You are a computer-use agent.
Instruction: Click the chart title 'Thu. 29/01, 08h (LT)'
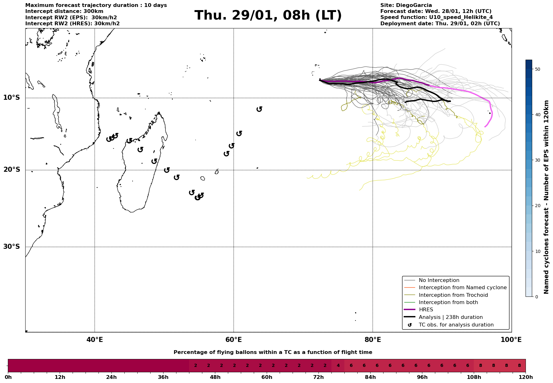tap(268, 15)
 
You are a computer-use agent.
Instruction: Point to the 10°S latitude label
tap(12, 98)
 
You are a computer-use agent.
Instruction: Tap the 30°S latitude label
tap(12, 247)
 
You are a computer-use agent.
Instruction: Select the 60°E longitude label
tap(234, 340)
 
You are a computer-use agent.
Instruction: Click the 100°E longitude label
tap(511, 340)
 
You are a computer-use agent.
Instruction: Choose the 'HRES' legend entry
tap(426, 310)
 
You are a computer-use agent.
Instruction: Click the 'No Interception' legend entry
tap(439, 280)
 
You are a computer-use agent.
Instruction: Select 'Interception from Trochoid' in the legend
tap(453, 295)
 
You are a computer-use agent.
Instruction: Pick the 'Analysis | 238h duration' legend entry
tap(450, 317)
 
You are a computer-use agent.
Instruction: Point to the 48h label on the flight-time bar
tap(215, 377)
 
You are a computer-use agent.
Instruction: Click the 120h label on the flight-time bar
tap(526, 377)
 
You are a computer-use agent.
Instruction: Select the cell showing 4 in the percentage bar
tap(338, 366)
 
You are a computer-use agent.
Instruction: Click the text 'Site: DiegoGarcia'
tap(406, 5)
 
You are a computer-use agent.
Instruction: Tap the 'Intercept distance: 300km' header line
tap(64, 11)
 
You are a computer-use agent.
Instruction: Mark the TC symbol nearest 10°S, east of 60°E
tap(259, 109)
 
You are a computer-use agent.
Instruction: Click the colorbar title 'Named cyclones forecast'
tap(546, 197)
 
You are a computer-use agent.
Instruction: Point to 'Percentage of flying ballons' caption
tap(273, 352)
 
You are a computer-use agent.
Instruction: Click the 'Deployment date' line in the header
tap(440, 24)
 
